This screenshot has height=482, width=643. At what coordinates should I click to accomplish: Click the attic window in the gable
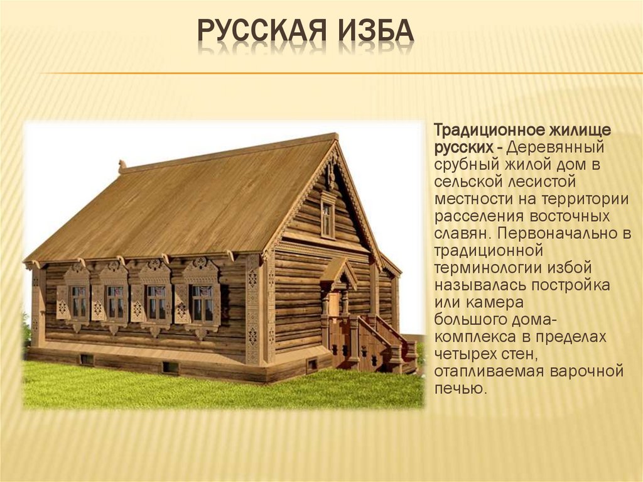328,217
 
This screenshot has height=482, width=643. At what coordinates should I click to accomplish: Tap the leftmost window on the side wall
78,301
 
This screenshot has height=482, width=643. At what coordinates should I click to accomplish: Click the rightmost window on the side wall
202,303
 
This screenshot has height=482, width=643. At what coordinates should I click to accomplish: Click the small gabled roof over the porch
338,271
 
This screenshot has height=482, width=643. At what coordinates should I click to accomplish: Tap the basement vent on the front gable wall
311,364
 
